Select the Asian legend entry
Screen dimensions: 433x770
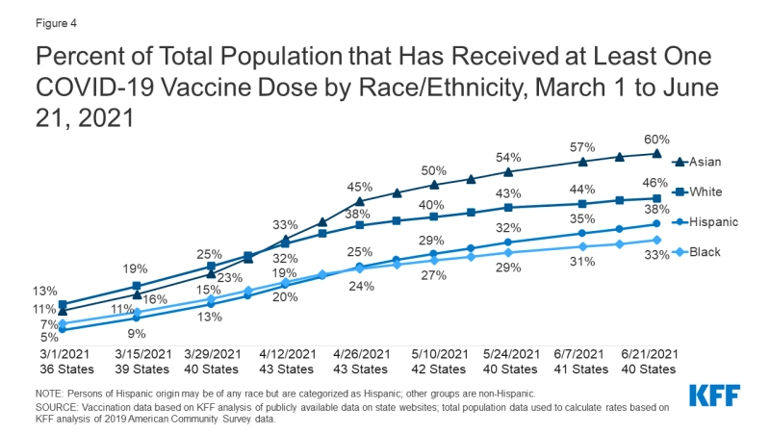coord(698,162)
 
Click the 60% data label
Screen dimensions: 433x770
coord(656,140)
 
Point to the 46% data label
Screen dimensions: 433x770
coord(656,182)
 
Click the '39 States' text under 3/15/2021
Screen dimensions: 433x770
coord(136,369)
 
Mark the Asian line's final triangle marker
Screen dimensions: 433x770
coord(656,153)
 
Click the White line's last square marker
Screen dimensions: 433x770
coord(656,198)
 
